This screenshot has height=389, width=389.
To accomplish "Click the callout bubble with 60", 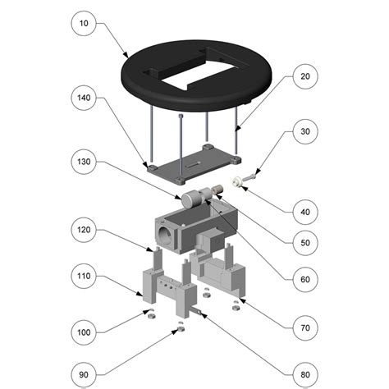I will tap(304, 280).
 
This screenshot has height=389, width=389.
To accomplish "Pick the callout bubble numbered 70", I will tap(304, 327).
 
